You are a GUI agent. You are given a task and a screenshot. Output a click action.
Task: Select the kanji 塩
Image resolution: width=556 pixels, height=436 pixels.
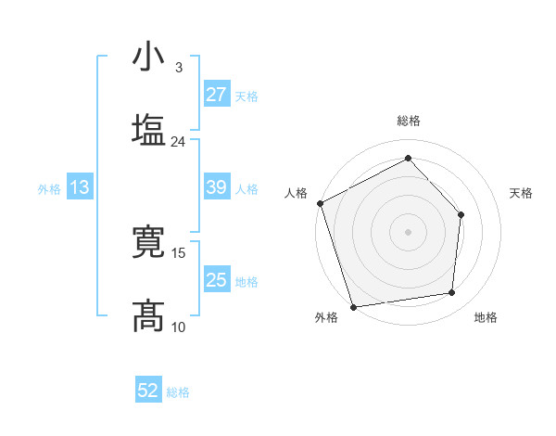(x=150, y=129)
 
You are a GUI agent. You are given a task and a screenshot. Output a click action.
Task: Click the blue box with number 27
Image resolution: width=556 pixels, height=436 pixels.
(x=216, y=95)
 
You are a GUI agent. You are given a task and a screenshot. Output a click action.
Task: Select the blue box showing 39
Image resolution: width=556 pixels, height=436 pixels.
(x=216, y=187)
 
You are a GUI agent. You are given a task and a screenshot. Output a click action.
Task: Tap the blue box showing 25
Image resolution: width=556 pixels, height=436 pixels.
(x=216, y=279)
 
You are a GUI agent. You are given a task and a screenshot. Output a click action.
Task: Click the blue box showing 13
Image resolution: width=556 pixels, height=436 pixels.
(x=80, y=187)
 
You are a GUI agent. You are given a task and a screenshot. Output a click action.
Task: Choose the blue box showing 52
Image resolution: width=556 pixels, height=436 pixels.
(x=148, y=391)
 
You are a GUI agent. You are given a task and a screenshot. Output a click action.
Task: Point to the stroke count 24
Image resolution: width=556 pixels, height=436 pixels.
(x=178, y=142)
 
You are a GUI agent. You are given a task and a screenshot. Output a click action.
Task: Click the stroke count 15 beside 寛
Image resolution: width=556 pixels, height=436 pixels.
(x=179, y=252)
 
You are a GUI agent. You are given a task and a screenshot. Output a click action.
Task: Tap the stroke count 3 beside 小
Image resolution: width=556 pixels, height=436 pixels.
(x=178, y=67)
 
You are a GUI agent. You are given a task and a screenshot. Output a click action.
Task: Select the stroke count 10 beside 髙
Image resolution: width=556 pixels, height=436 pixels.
(x=179, y=326)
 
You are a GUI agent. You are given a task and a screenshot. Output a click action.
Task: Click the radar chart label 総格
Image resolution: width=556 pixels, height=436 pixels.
(x=409, y=122)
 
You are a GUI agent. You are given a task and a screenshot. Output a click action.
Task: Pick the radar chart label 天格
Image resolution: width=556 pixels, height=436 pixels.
(x=521, y=193)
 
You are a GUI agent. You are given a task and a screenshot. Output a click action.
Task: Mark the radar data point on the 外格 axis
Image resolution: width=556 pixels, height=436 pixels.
(x=353, y=306)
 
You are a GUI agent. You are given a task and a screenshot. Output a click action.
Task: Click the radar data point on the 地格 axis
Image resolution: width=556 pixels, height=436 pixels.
(x=452, y=293)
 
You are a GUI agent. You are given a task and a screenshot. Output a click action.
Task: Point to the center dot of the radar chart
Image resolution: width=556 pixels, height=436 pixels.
(x=408, y=231)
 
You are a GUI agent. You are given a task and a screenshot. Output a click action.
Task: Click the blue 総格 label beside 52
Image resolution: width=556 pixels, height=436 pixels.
(x=178, y=392)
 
